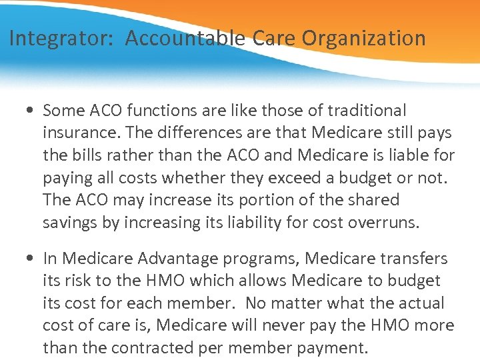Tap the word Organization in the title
click(x=364, y=39)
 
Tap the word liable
click(x=408, y=155)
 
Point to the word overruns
click(x=386, y=223)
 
